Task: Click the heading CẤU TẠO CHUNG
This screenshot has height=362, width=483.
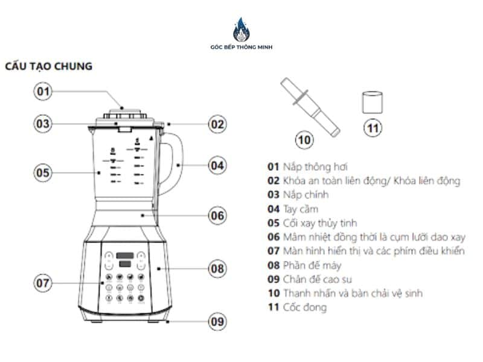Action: (49, 66)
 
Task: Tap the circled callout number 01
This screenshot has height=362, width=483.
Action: (42, 92)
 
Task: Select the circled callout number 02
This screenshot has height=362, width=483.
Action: (217, 125)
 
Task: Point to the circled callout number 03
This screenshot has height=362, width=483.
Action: (42, 124)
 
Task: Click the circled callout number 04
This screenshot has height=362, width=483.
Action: (217, 164)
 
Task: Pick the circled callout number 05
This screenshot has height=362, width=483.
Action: (42, 172)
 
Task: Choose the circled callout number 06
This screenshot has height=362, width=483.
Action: (217, 215)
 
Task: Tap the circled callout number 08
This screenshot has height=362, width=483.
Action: (217, 268)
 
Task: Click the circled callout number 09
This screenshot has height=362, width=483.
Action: (217, 321)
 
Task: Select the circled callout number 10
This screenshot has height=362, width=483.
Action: (304, 140)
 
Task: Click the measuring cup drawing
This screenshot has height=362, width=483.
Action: (373, 102)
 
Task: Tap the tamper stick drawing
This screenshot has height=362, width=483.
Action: (309, 105)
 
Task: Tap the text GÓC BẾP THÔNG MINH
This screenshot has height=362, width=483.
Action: (241, 47)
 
